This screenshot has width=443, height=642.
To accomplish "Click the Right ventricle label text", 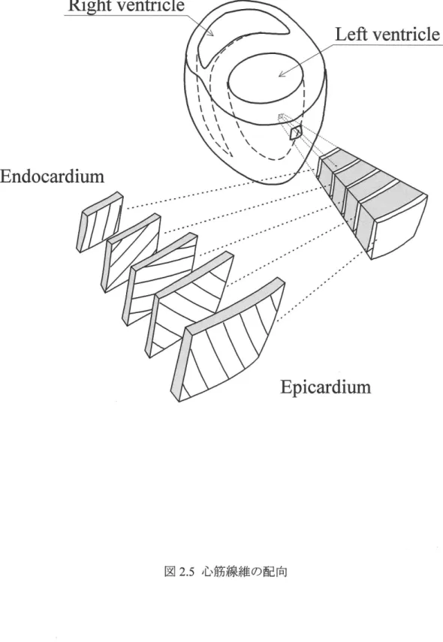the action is (x=126, y=6).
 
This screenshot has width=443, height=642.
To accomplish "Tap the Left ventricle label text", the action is (x=387, y=34).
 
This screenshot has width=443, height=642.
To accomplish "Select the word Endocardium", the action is (x=52, y=176).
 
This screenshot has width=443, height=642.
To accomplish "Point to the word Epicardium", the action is (x=326, y=387).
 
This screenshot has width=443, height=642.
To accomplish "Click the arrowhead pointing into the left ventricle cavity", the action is (x=282, y=74).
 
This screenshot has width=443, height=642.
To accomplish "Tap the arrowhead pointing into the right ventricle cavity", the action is (x=211, y=33).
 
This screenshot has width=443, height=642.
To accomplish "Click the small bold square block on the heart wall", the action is (x=296, y=133).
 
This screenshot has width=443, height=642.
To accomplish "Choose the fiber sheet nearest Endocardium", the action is (x=100, y=221).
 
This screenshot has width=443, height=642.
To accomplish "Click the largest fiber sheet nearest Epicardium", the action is (x=227, y=339).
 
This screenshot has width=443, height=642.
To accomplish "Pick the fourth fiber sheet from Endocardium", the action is (x=189, y=304).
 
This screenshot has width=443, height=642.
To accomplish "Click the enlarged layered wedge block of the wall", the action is (x=372, y=203).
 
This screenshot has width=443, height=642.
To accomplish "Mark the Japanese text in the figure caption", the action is (x=245, y=571).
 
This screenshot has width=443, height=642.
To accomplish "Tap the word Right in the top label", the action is (x=85, y=6).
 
